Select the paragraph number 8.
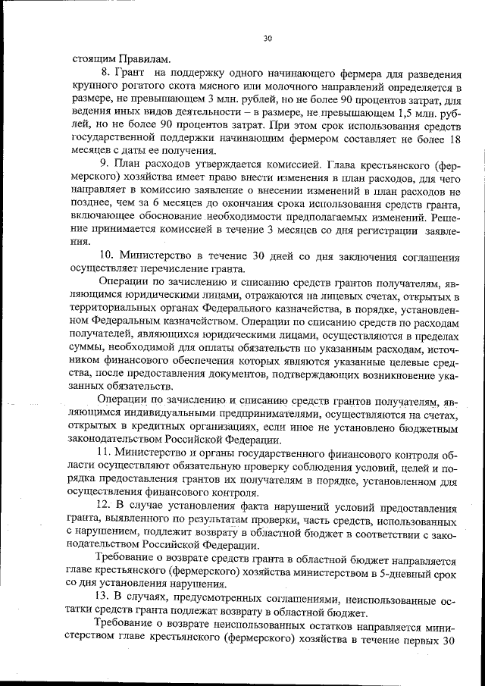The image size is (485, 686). click(105, 74)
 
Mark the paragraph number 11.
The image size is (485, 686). click(107, 453)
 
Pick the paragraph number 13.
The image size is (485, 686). click(108, 599)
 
